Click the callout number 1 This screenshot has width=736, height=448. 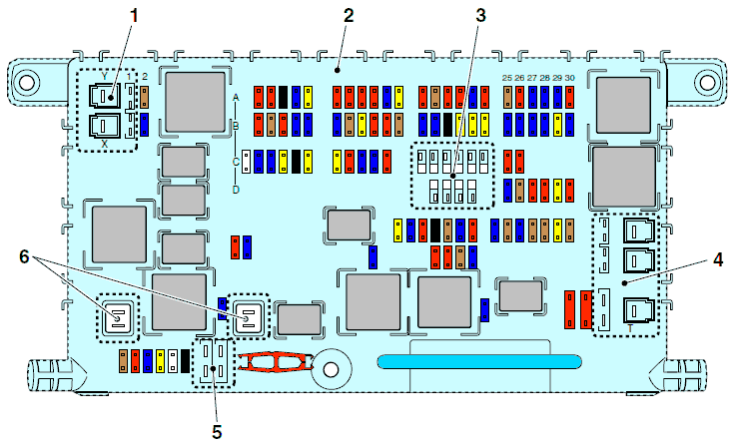134,16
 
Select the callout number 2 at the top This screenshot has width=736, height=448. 349,16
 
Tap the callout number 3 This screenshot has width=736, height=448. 480,16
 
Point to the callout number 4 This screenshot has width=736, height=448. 718,259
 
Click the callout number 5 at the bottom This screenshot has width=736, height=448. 217,432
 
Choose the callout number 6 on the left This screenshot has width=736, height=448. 24,256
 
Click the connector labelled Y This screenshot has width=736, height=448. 105,96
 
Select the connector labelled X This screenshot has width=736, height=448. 105,127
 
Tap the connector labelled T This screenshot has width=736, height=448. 639,310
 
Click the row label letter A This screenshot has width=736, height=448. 236,98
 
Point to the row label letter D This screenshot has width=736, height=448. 236,190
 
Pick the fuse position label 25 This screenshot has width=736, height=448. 507,78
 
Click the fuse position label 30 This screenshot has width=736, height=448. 569,78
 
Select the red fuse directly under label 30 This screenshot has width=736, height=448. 569,97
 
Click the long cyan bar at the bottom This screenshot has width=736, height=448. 479,361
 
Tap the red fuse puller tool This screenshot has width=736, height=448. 275,361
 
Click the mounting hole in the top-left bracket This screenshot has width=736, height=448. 27,82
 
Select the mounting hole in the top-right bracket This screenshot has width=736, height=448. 707,82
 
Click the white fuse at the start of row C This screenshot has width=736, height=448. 247,162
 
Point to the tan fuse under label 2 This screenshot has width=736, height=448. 144,97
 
